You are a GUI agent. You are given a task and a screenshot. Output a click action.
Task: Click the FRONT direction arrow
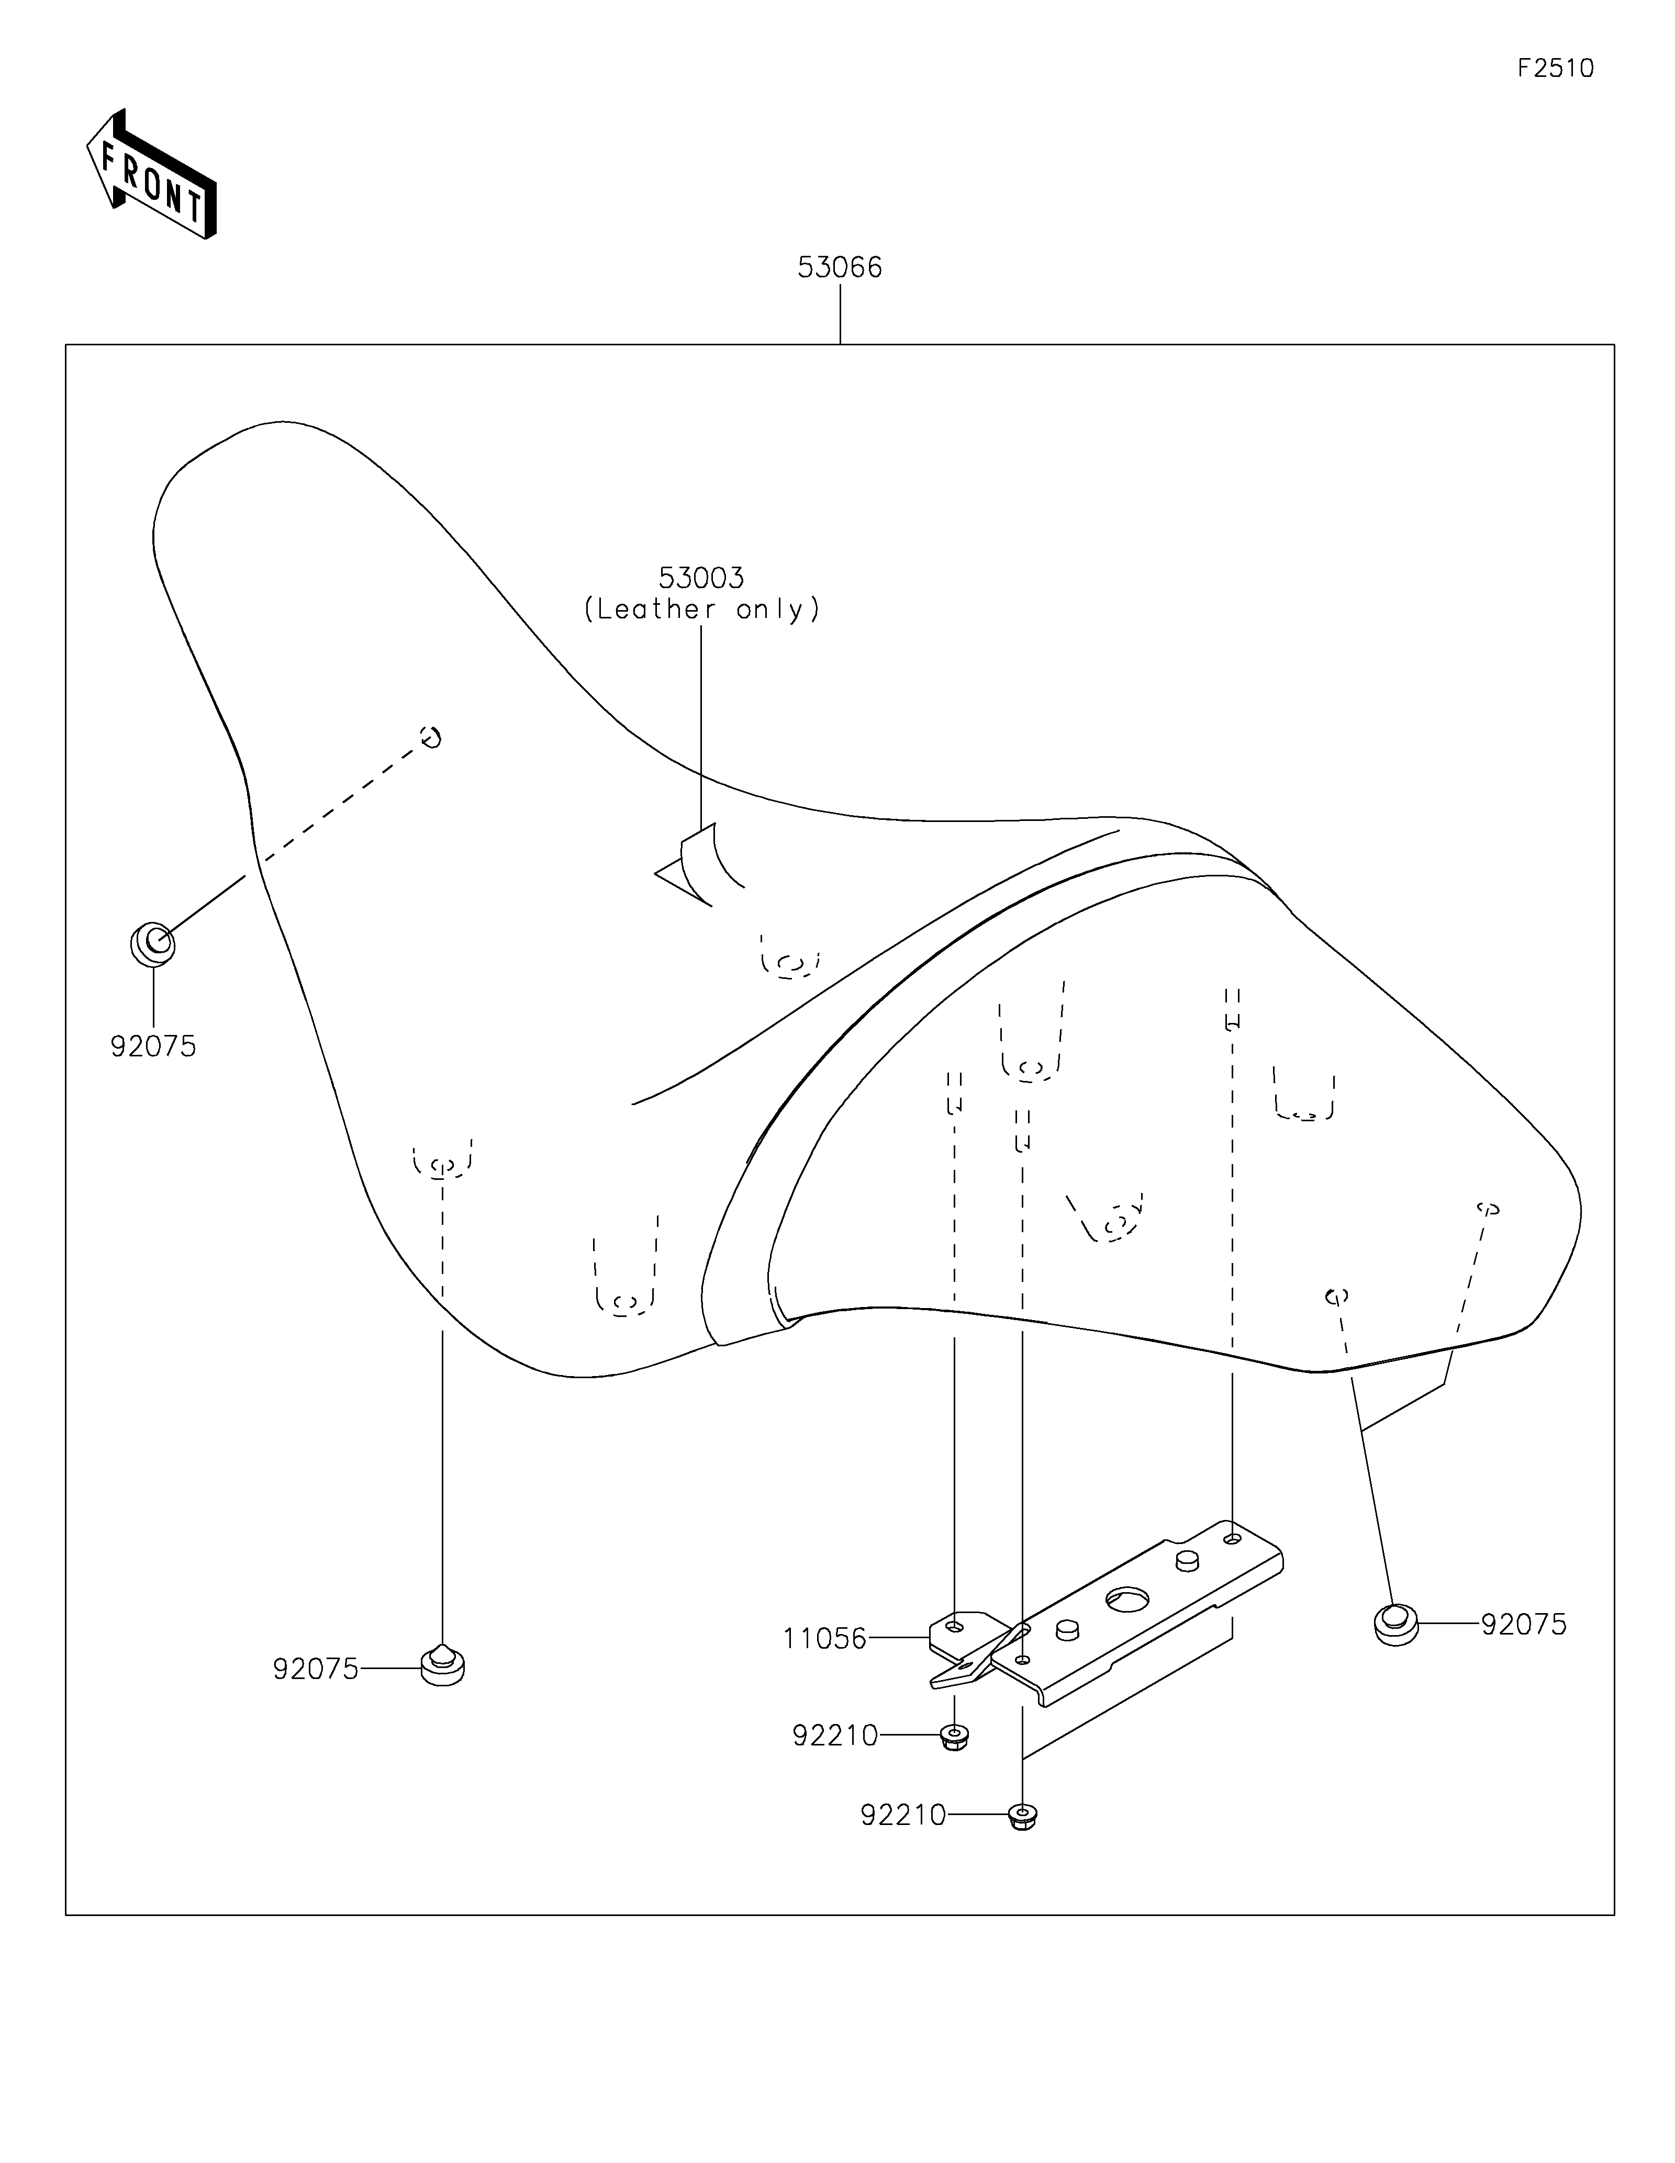[152, 174]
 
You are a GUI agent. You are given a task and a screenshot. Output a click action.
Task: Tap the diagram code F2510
[1555, 69]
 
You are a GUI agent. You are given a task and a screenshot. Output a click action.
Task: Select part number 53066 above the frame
[840, 267]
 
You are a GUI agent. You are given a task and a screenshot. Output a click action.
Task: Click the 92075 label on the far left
[153, 1047]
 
